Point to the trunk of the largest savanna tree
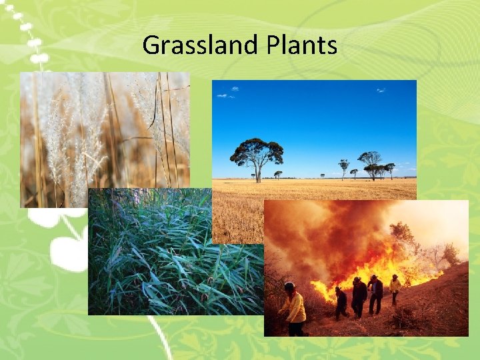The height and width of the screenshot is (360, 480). (x=257, y=175)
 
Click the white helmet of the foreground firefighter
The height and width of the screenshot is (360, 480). (x=289, y=287)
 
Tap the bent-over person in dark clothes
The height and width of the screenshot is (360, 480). (x=341, y=301)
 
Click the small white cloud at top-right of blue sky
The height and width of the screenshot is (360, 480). (x=380, y=90)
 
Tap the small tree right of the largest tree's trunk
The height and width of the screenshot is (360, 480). (x=278, y=175)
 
